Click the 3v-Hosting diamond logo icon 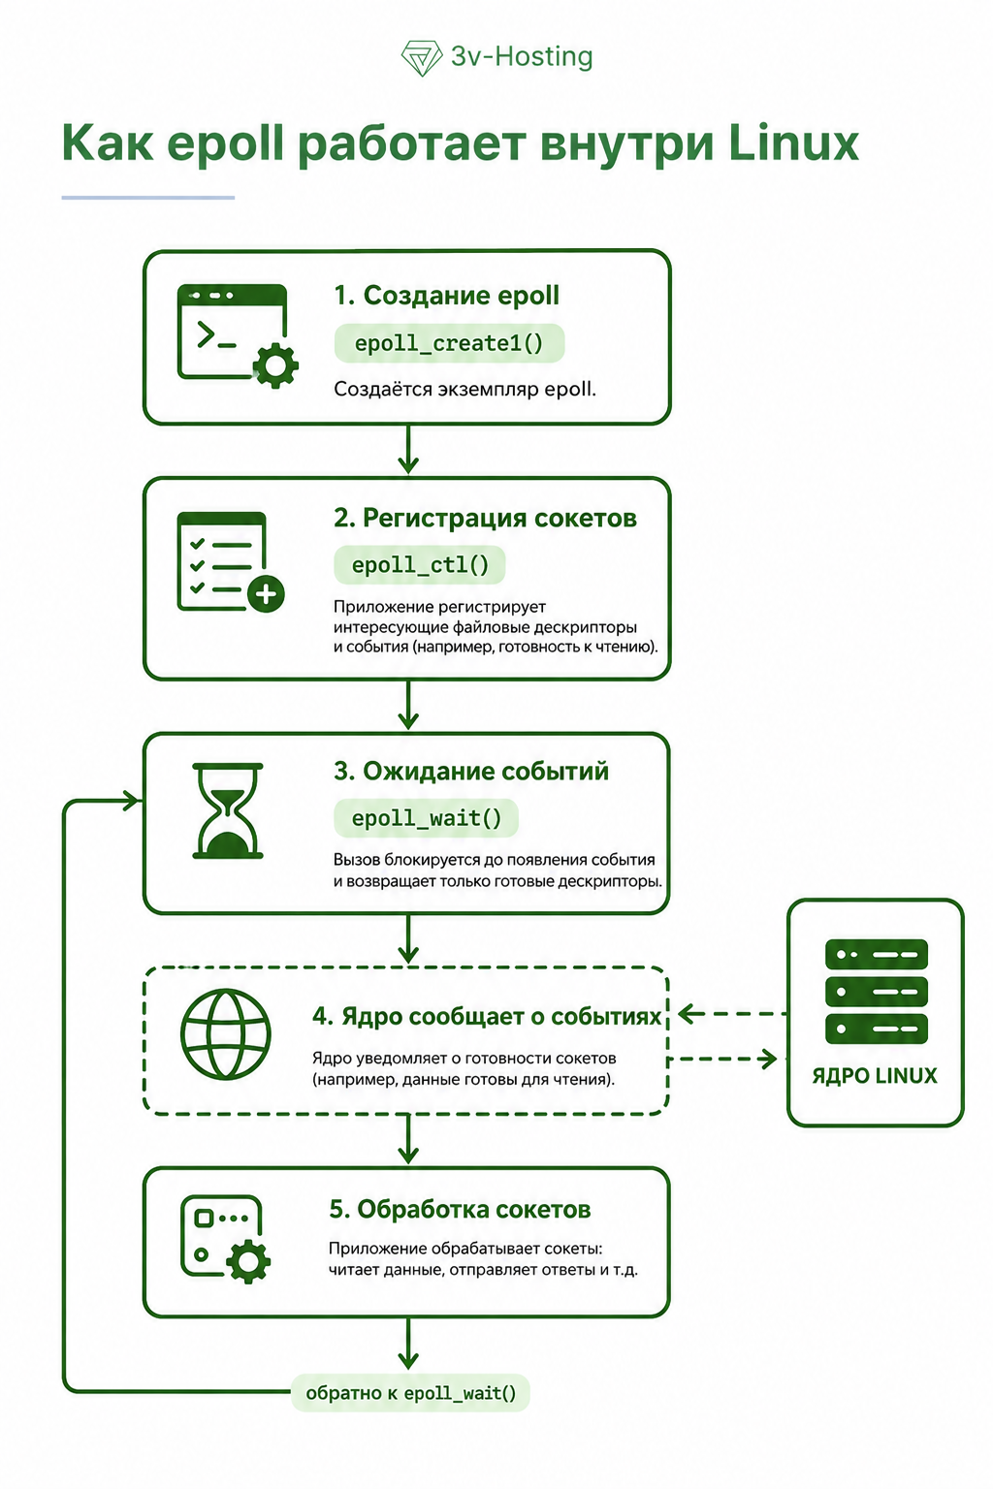click(422, 58)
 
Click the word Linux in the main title click(793, 143)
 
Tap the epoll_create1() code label click(449, 344)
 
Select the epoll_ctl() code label click(420, 565)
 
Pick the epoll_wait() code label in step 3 click(427, 818)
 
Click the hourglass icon click(228, 811)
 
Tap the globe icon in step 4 click(226, 1033)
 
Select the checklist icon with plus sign click(230, 561)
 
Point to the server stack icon click(876, 991)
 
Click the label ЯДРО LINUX click(875, 1075)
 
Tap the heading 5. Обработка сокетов click(460, 1210)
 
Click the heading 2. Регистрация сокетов click(485, 518)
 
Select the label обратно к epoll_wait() click(410, 1393)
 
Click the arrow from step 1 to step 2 click(407, 450)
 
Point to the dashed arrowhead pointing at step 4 click(690, 1014)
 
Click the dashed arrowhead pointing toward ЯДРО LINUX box click(768, 1059)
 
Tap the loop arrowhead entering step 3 click(132, 801)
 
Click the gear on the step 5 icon click(247, 1261)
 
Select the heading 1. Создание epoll click(446, 296)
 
